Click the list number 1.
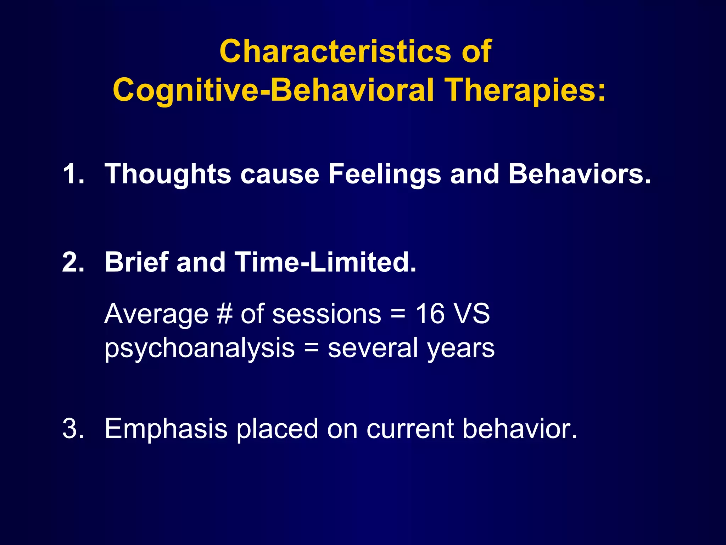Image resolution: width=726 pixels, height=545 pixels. pyautogui.click(x=73, y=174)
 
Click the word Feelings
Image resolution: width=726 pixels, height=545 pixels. pyautogui.click(x=385, y=174)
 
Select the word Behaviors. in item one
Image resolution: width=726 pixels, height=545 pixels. pyautogui.click(x=580, y=174)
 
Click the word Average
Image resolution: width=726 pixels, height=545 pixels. pyautogui.click(x=156, y=314)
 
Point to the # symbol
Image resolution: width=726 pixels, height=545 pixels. pyautogui.click(x=224, y=314)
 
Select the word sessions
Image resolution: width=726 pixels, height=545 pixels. pyautogui.click(x=326, y=314)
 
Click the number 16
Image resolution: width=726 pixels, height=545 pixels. pyautogui.click(x=430, y=314)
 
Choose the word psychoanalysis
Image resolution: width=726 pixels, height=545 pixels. pyautogui.click(x=200, y=348)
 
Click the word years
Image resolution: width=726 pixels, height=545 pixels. pyautogui.click(x=461, y=349)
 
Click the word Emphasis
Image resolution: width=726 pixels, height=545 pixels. pyautogui.click(x=166, y=429)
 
